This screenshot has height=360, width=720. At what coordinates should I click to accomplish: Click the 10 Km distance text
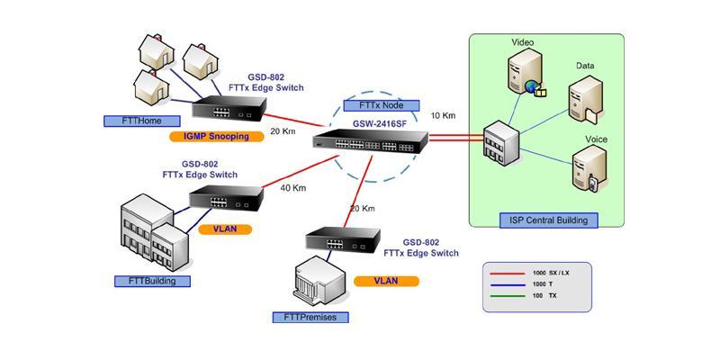443,116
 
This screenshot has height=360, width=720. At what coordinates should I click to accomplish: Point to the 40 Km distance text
293,188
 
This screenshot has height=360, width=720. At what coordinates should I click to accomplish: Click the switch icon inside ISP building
497,144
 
